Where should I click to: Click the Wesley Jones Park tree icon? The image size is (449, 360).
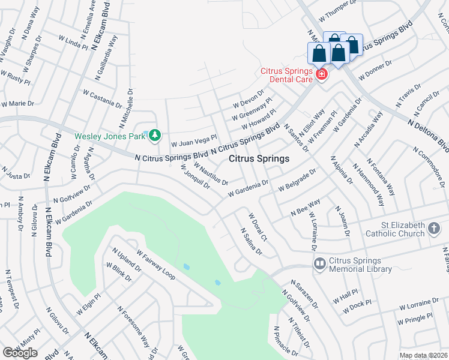pyautogui.click(x=155, y=136)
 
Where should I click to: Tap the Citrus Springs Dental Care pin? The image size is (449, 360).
pyautogui.click(x=322, y=74)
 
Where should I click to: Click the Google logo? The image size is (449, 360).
pyautogui.click(x=20, y=353)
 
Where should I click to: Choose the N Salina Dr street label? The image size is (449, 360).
pyautogui.click(x=251, y=241)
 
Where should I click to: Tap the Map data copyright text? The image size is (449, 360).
pyautogui.click(x=423, y=355)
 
